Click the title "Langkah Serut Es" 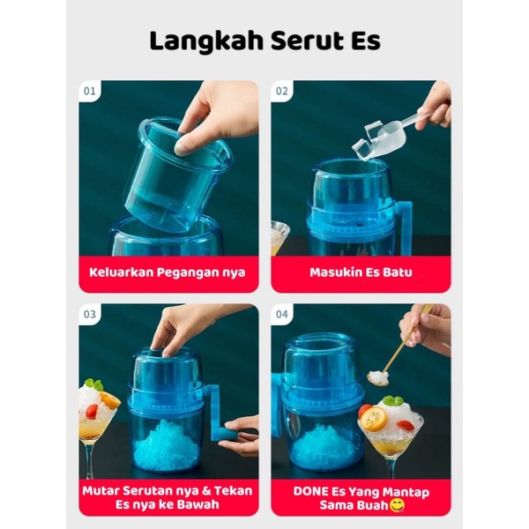coord(264,41)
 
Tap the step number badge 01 coord(90,90)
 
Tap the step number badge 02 coord(281,90)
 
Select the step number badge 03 coord(90,314)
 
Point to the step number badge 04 coord(281,314)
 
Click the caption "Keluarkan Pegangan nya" coord(168,272)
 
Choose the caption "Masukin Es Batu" coord(360,272)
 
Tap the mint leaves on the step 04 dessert coord(392,402)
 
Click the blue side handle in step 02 coord(403,220)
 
